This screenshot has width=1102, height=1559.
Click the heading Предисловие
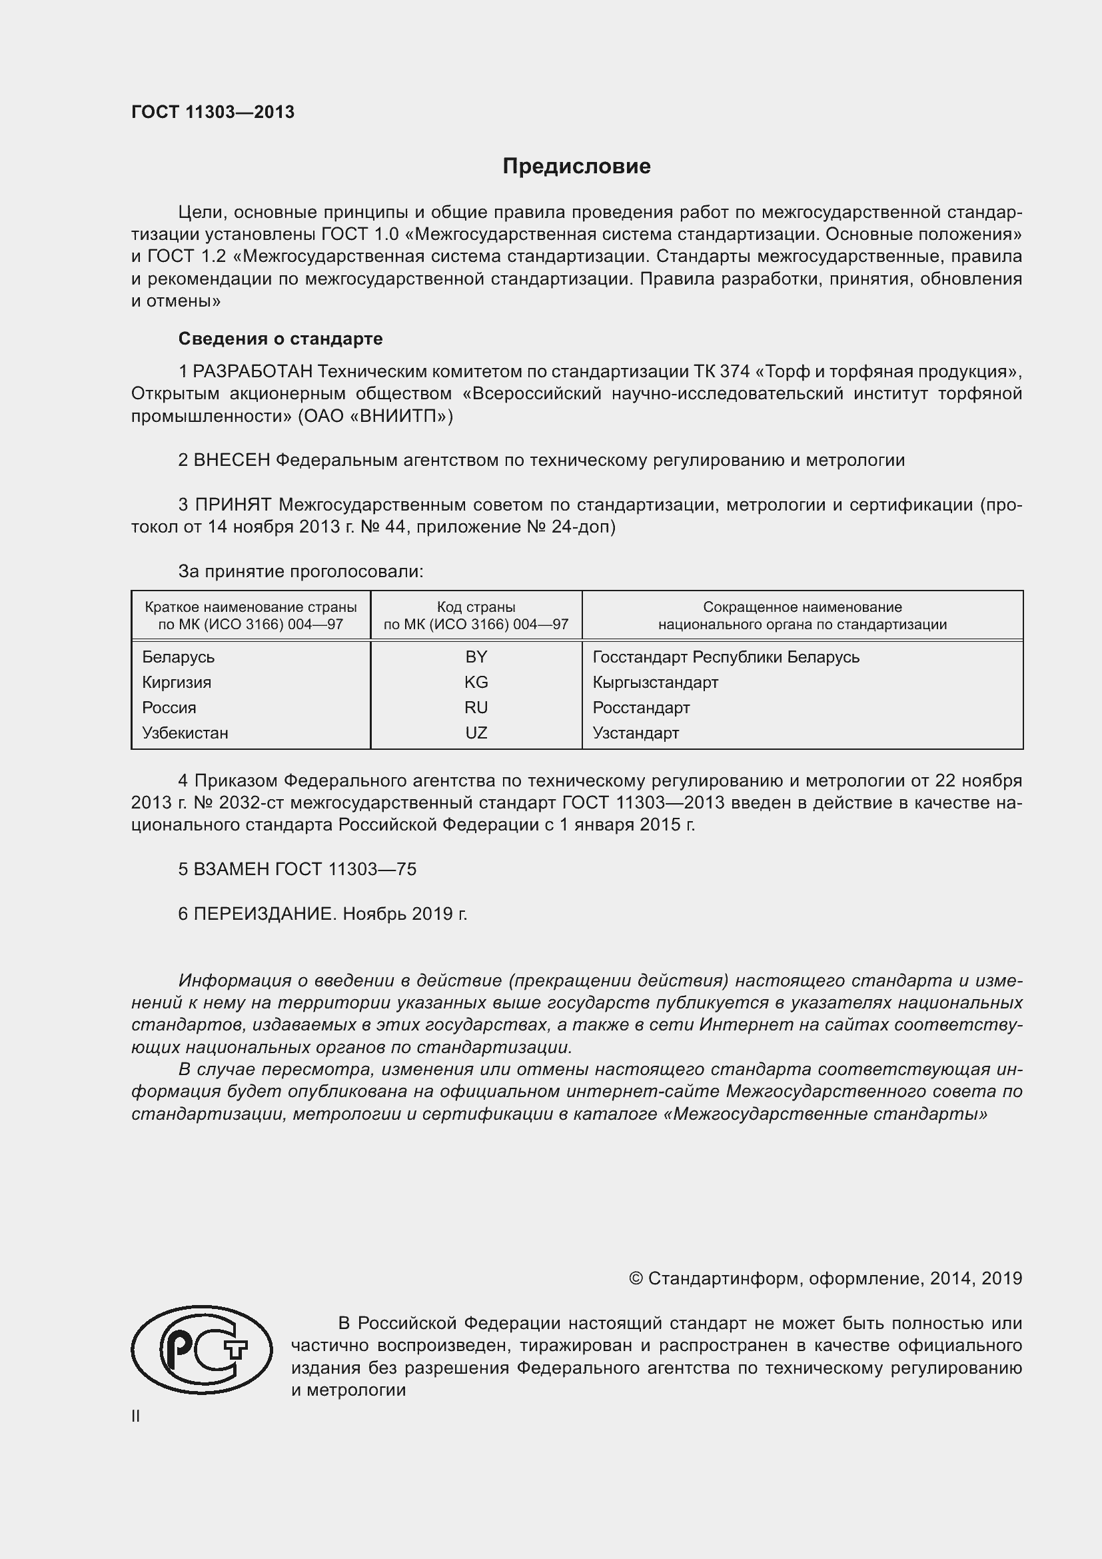[576, 167]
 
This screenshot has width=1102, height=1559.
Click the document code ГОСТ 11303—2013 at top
[213, 113]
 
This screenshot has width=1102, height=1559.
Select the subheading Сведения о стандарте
[280, 338]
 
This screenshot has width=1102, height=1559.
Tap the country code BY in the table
[476, 657]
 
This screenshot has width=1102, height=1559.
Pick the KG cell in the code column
[476, 682]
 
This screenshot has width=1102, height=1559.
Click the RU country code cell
[476, 708]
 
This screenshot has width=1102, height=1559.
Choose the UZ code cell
[476, 733]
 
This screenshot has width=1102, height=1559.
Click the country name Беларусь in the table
[178, 657]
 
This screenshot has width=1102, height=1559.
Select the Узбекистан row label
[185, 733]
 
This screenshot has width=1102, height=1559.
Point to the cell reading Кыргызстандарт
[655, 682]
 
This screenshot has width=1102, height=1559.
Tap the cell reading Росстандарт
[640, 708]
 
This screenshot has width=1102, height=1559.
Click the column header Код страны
[476, 607]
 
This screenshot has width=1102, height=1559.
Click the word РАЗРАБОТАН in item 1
[253, 371]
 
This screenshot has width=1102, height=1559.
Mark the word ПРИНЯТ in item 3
[233, 505]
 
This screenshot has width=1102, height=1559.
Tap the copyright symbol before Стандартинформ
[635, 1278]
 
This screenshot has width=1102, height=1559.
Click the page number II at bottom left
[136, 1416]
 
